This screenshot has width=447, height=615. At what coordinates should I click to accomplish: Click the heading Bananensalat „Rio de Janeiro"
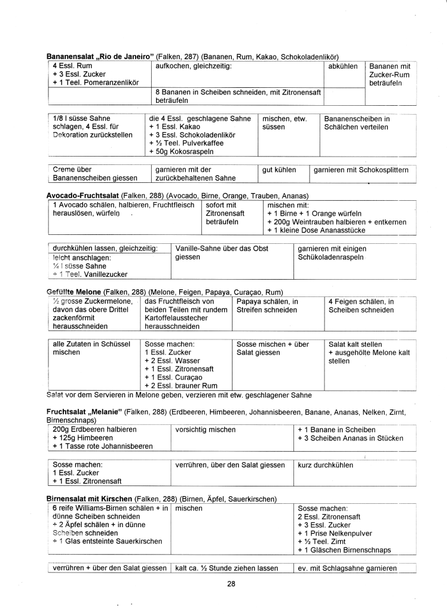(100, 56)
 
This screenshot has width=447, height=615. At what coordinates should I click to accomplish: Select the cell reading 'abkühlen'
(343, 66)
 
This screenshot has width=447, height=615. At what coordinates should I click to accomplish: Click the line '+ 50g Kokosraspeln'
(178, 154)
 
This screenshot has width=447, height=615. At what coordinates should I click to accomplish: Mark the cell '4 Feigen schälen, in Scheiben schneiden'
(361, 306)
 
